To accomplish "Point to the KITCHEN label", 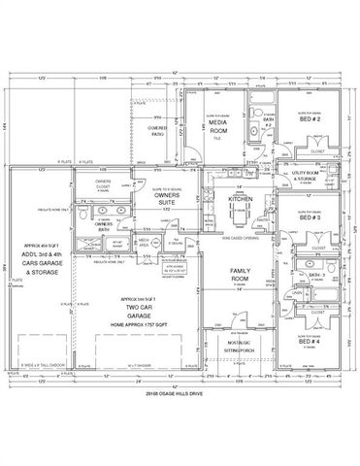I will point(240,198).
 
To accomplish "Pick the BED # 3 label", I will point(311,217).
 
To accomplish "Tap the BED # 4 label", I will point(310,342).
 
